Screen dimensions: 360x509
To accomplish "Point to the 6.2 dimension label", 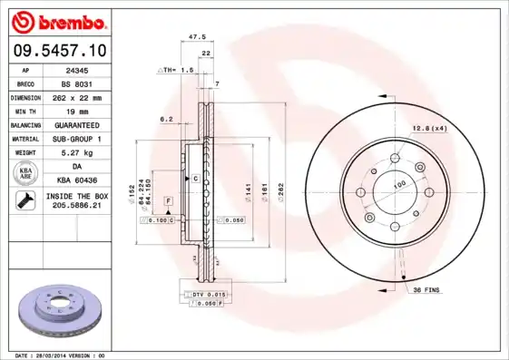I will pyautogui.click(x=166, y=119).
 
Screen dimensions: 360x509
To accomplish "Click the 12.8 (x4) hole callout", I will pyautogui.click(x=428, y=128).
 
